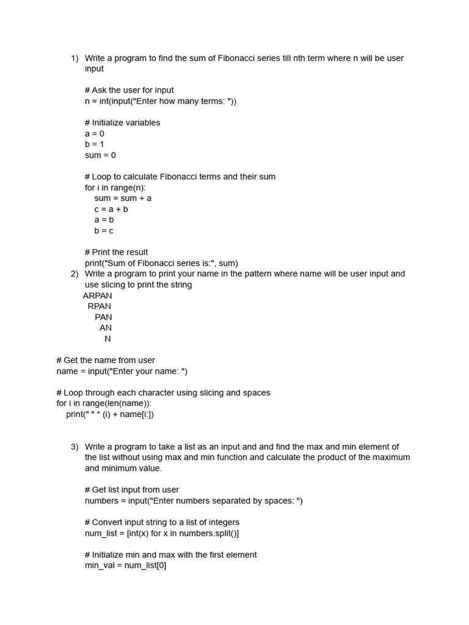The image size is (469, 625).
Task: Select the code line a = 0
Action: pyautogui.click(x=95, y=134)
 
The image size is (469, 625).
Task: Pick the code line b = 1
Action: pyautogui.click(x=95, y=145)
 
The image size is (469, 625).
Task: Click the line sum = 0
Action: pyautogui.click(x=100, y=156)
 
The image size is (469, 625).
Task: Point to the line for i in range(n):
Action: pyautogui.click(x=115, y=188)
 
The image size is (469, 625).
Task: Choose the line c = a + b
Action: pyautogui.click(x=111, y=209)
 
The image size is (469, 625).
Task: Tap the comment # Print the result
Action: pyautogui.click(x=116, y=253)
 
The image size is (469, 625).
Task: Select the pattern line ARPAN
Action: pyautogui.click(x=98, y=296)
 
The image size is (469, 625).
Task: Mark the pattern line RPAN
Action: pyautogui.click(x=100, y=306)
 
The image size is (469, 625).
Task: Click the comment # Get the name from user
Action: pyautogui.click(x=106, y=361)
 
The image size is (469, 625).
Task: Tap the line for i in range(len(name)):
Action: pyautogui.click(x=104, y=404)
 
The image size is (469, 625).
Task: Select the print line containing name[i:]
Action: pyautogui.click(x=110, y=415)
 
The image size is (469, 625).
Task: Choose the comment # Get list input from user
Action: pyautogui.click(x=132, y=490)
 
